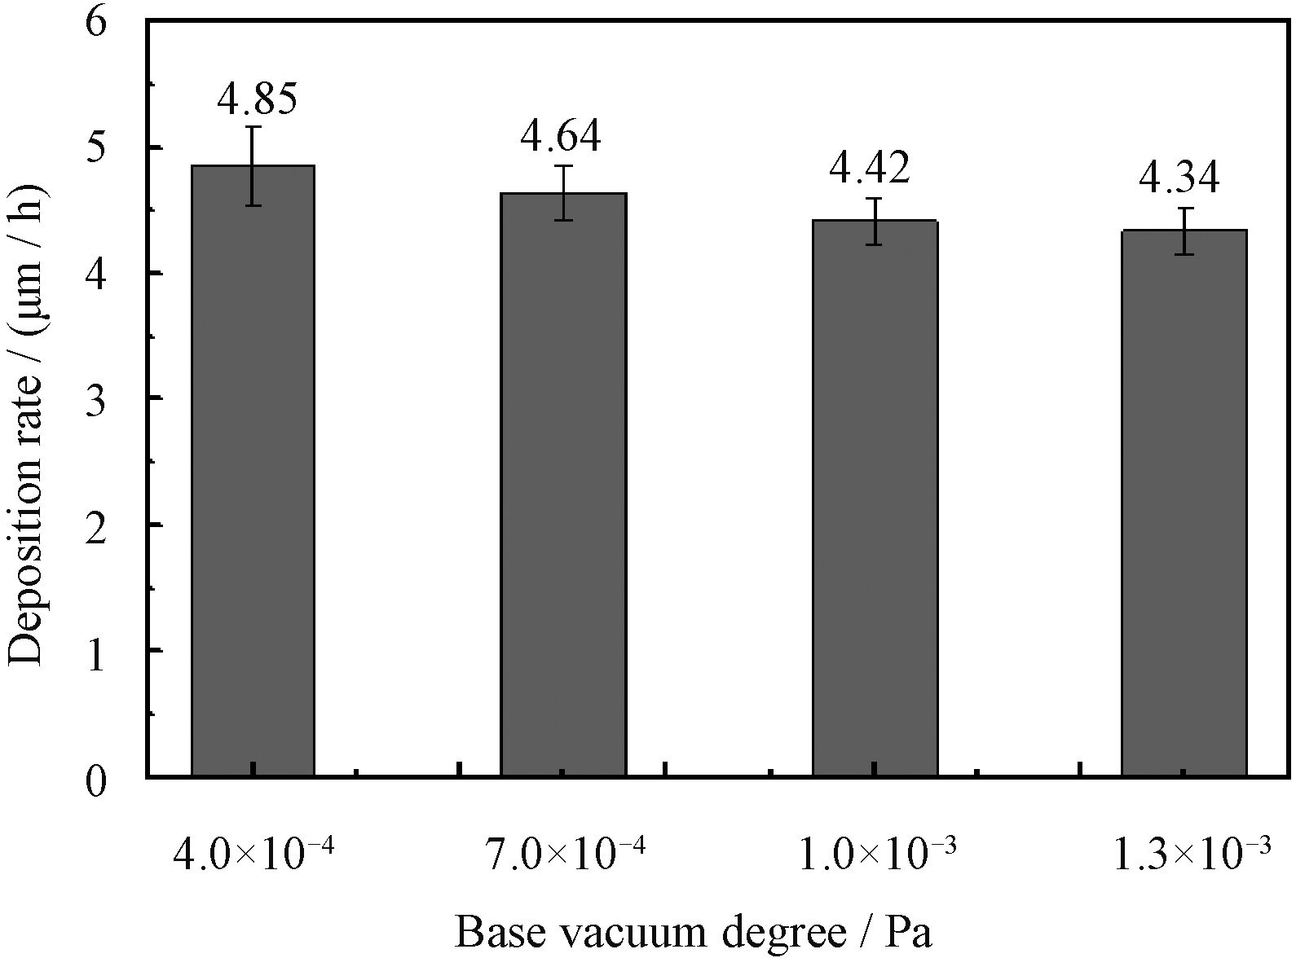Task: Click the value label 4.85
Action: [x=257, y=98]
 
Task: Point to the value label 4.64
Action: [x=561, y=135]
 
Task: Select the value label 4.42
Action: [x=870, y=168]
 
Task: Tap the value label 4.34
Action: [x=1179, y=178]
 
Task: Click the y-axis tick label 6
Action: [x=96, y=23]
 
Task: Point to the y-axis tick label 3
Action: [x=96, y=399]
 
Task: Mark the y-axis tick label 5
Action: [x=96, y=148]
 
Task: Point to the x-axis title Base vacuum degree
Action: [x=692, y=932]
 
